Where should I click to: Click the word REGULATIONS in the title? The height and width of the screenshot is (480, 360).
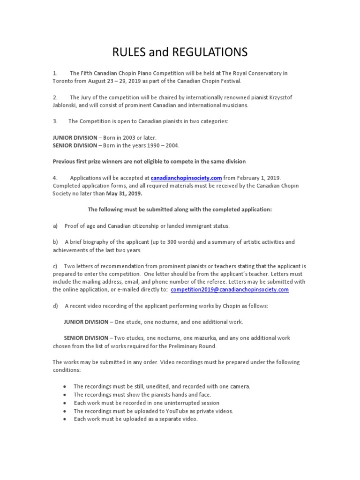[x=210, y=52]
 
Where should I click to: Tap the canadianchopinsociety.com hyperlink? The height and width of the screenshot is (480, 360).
[x=186, y=178]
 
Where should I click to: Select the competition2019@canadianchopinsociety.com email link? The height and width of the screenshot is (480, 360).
[x=230, y=290]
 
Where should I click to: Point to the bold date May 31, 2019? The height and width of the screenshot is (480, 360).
[x=125, y=193]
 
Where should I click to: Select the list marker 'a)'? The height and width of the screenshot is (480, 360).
[x=55, y=226]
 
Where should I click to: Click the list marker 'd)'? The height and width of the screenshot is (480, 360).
[x=55, y=306]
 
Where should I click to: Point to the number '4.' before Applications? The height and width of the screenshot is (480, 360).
[x=55, y=178]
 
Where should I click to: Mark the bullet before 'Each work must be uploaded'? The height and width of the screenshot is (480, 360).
[x=64, y=419]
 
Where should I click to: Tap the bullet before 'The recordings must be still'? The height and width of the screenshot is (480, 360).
[x=64, y=387]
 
